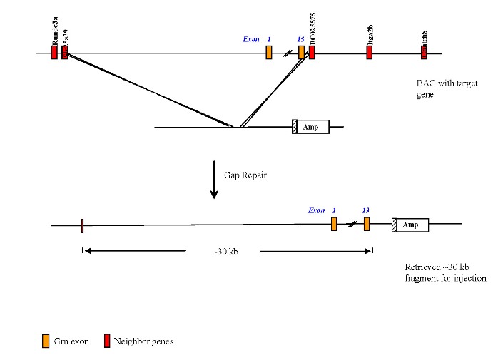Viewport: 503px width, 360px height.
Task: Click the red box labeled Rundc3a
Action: click(x=54, y=53)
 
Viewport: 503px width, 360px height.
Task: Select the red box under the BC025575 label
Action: click(x=312, y=53)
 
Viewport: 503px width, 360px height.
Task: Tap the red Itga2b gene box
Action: click(x=369, y=53)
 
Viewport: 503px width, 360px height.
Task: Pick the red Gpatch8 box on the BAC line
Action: click(x=424, y=53)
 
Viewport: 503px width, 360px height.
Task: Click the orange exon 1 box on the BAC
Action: click(x=269, y=53)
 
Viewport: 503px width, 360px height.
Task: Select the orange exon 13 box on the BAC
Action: click(x=301, y=53)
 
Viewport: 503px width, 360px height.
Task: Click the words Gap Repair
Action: click(x=246, y=175)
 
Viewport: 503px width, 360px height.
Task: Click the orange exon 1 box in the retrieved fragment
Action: click(x=334, y=224)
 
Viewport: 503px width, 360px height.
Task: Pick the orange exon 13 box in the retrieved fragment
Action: click(x=366, y=224)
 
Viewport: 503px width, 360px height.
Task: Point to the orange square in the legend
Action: click(x=46, y=341)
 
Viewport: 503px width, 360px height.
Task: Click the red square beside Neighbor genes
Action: click(x=108, y=341)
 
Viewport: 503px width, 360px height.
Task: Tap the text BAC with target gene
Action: click(x=447, y=88)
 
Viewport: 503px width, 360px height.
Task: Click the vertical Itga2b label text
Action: click(x=370, y=34)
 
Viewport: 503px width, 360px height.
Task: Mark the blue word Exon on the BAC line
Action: click(x=251, y=39)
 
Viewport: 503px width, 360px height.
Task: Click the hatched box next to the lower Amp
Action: click(x=395, y=225)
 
